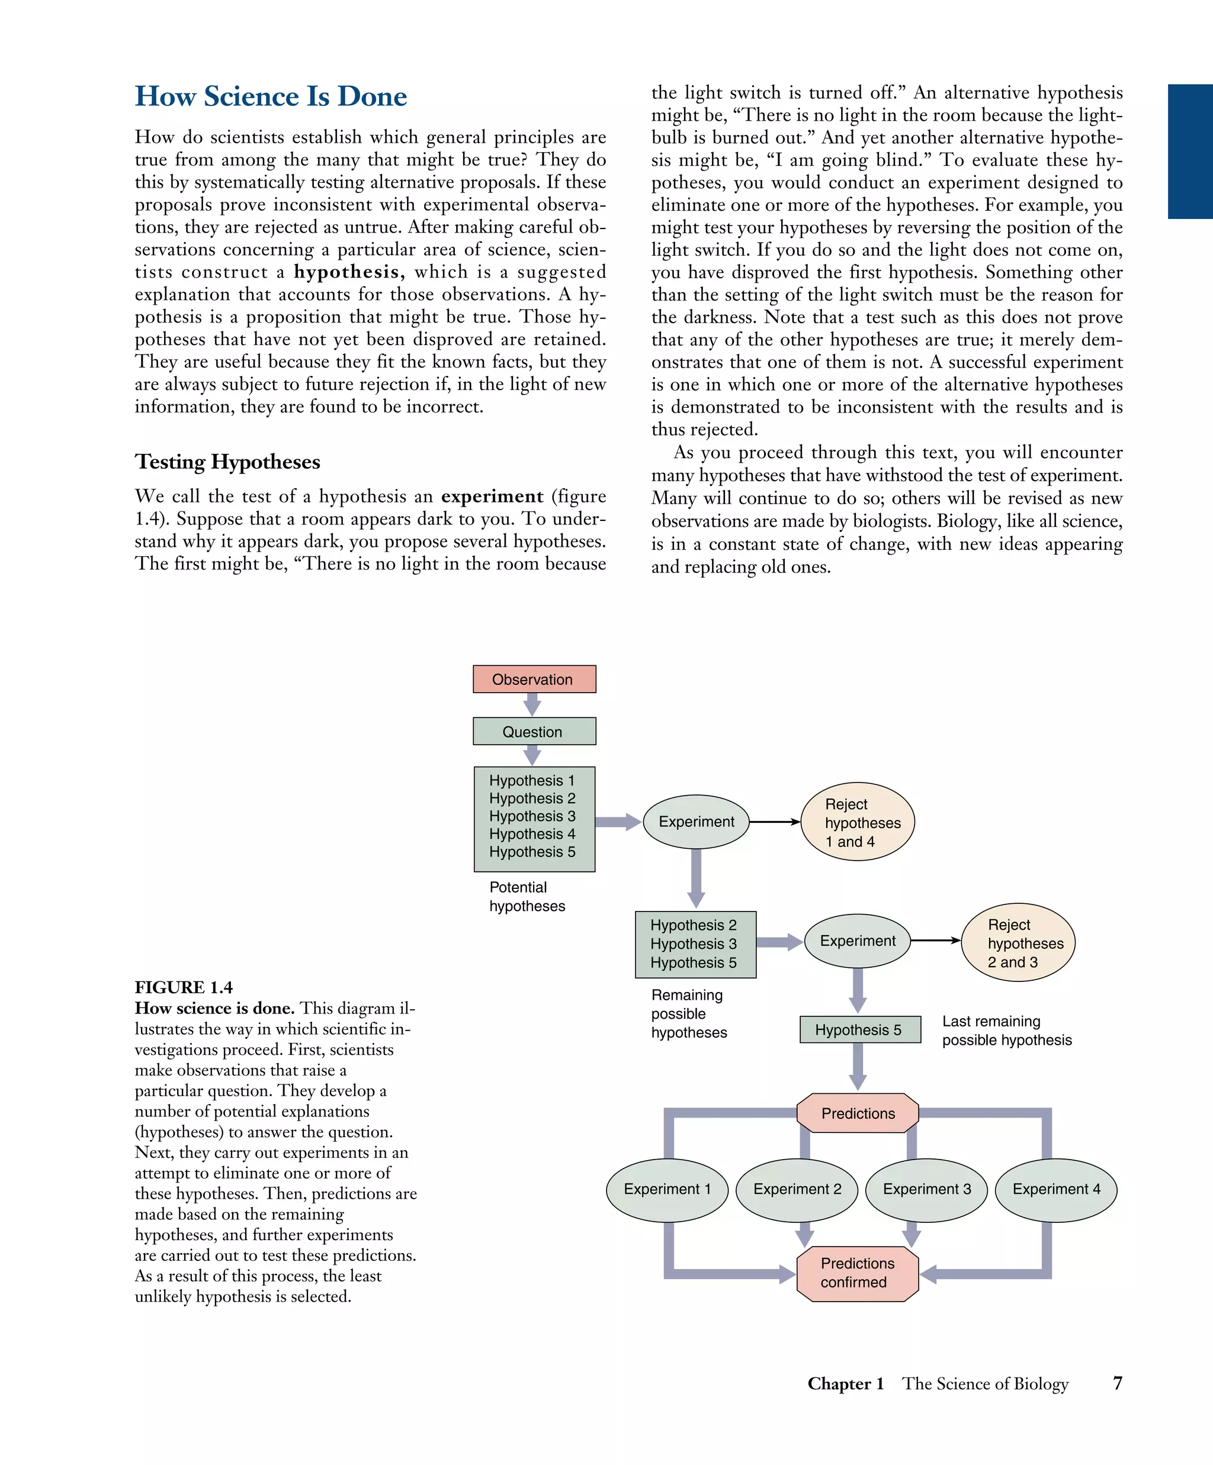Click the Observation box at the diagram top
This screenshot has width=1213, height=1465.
coord(534,679)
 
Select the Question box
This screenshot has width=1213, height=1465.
coord(534,731)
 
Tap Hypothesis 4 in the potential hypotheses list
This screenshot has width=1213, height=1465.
coord(532,833)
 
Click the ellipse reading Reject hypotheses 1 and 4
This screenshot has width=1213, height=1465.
coord(857,822)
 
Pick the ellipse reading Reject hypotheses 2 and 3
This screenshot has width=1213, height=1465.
coord(1018,942)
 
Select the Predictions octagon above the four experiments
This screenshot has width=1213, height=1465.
coord(857,1113)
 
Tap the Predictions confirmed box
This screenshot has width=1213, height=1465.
coord(857,1273)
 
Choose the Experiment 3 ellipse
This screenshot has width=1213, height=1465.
coord(926,1189)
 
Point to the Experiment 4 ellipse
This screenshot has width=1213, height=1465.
coord(1055,1189)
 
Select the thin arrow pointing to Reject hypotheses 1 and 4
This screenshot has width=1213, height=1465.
coord(775,822)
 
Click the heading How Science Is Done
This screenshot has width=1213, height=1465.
coord(271,96)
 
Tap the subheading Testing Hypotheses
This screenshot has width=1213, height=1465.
coord(227,462)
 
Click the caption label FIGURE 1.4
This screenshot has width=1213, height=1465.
coord(184,987)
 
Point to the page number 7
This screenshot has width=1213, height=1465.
coord(1118,1383)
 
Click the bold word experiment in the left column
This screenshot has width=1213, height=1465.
coord(492,496)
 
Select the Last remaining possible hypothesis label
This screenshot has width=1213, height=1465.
coord(1006,1031)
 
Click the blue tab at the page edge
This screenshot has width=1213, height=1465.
coord(1190,152)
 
